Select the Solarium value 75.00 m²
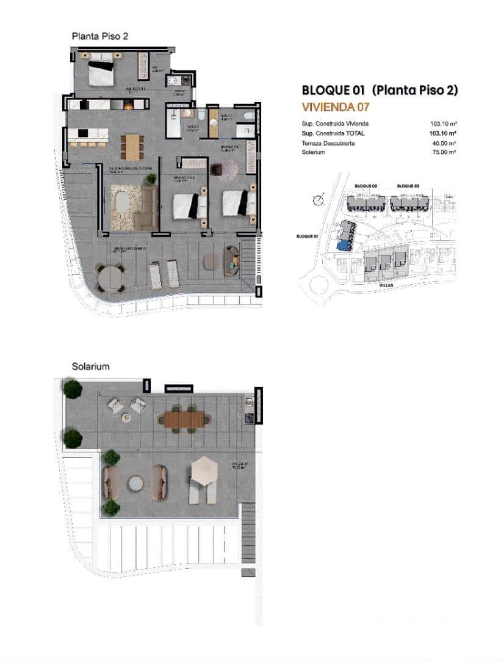(x=444, y=152)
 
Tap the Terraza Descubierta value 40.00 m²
(x=444, y=143)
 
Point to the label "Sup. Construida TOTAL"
(x=333, y=133)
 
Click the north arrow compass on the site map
(x=317, y=199)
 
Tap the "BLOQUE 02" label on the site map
(x=366, y=185)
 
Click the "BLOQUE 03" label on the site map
(x=408, y=185)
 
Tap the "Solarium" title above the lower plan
(x=90, y=367)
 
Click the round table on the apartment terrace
(x=111, y=278)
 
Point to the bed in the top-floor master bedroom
(x=101, y=73)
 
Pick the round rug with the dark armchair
(x=229, y=169)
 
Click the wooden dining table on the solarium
(x=184, y=419)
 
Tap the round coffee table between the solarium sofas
(x=135, y=483)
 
